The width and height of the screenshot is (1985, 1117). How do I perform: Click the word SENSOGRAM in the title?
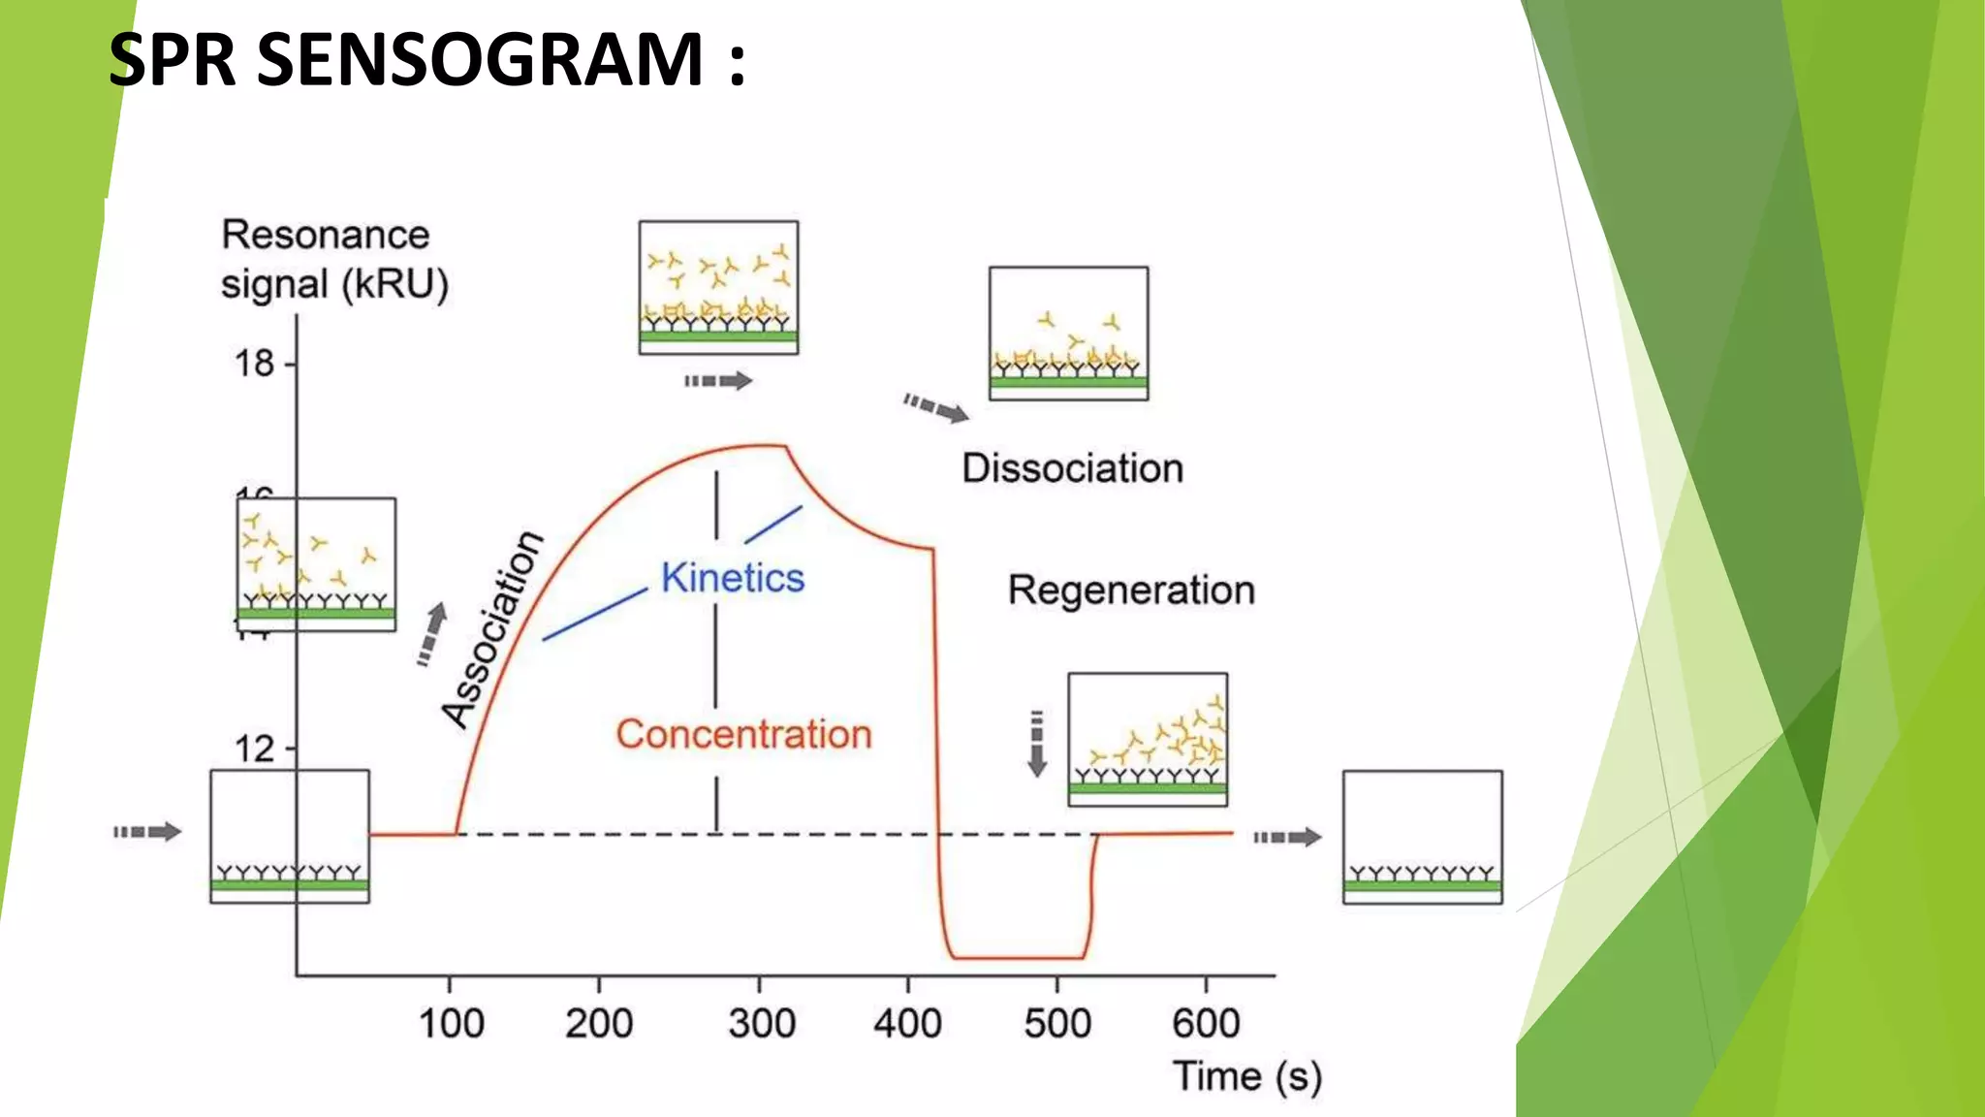481,60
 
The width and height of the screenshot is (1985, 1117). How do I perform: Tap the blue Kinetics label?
733,578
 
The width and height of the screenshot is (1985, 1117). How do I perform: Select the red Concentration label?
743,734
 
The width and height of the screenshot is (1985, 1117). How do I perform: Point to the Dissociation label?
1072,468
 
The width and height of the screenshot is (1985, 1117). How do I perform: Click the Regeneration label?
1131,590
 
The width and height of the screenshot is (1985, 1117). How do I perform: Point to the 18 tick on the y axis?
255,364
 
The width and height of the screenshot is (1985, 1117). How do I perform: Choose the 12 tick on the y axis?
255,749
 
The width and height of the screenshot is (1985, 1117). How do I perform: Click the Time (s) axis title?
1246,1076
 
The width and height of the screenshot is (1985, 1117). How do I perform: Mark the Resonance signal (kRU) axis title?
333,260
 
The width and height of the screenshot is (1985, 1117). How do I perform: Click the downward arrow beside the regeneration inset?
1037,744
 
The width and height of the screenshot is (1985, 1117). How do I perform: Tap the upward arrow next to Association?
432,634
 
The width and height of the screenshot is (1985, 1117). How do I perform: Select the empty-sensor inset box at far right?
1422,837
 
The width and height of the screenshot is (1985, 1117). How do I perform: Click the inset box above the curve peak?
718,287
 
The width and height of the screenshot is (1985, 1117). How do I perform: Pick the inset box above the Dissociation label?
1068,333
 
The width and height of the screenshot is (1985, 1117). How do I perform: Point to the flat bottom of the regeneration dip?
1018,957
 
